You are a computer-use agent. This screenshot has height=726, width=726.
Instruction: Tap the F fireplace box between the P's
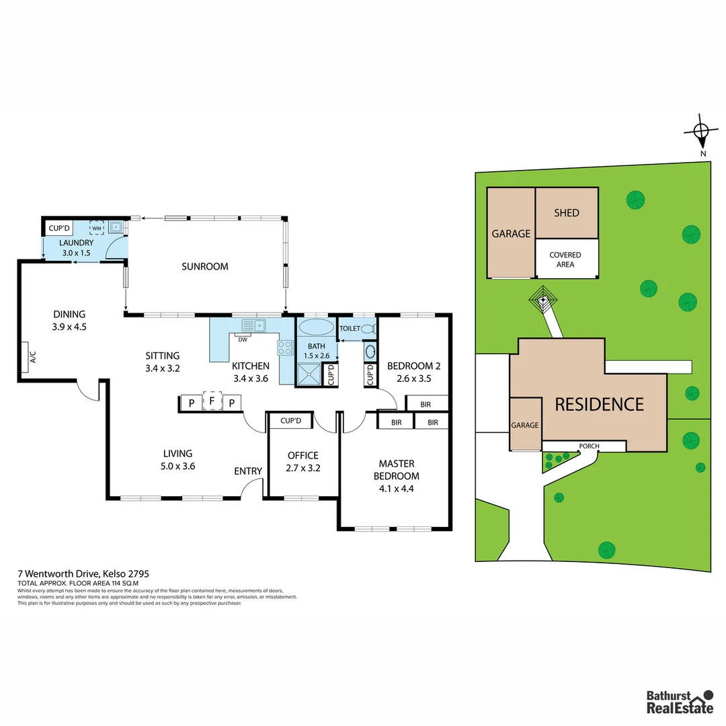tap(212, 402)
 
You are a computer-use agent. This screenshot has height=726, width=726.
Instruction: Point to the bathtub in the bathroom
tap(315, 328)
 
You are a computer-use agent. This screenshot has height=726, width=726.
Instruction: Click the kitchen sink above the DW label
tap(253, 325)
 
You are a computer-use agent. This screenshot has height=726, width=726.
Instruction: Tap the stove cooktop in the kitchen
tap(285, 348)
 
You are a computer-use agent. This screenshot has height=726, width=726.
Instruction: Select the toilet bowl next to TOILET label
tap(368, 329)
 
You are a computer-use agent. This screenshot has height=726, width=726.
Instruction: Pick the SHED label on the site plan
tap(566, 212)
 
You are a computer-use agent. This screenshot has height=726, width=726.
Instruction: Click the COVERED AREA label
tap(565, 259)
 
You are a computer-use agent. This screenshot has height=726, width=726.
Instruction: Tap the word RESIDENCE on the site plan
tap(599, 404)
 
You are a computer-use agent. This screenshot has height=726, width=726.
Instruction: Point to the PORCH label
tap(589, 446)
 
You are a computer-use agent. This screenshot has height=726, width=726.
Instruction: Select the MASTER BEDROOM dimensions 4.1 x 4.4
tap(397, 489)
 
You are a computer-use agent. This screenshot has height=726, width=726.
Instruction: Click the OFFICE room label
tap(302, 456)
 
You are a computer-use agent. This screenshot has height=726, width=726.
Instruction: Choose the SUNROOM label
tap(205, 266)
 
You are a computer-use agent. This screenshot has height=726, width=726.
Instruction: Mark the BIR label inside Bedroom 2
tap(425, 404)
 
